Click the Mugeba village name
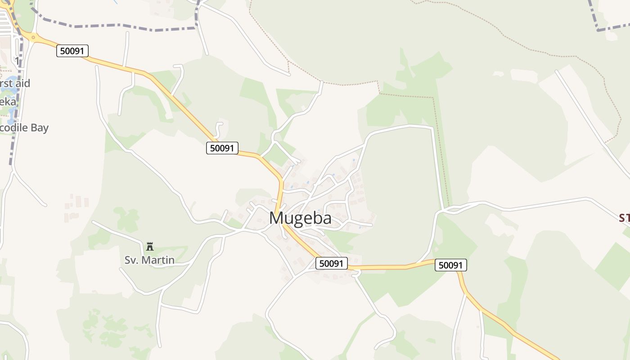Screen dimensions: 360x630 pyautogui.click(x=300, y=218)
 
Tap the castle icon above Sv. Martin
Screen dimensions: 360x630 pyautogui.click(x=150, y=246)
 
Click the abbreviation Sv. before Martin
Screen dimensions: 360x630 pyautogui.click(x=131, y=260)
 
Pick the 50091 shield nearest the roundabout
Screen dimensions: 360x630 pyautogui.click(x=72, y=51)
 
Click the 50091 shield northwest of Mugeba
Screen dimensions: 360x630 pyautogui.click(x=222, y=148)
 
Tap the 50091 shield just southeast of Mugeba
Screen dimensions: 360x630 pyautogui.click(x=332, y=263)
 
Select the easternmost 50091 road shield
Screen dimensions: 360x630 pyautogui.click(x=451, y=265)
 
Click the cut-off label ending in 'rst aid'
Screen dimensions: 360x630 pyautogui.click(x=15, y=83)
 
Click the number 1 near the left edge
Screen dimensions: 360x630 pyautogui.click(x=17, y=60)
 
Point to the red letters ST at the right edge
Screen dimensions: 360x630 pyautogui.click(x=624, y=218)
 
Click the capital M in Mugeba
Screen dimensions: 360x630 pyautogui.click(x=277, y=218)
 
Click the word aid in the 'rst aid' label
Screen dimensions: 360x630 pyautogui.click(x=22, y=83)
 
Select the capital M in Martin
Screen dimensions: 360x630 pyautogui.click(x=144, y=260)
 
